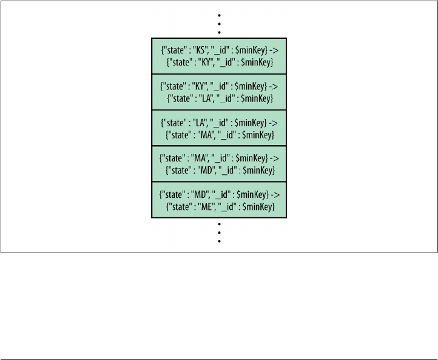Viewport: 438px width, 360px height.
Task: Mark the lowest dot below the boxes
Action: pyautogui.click(x=218, y=241)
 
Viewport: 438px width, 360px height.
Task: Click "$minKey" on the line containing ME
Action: pyautogui.click(x=258, y=208)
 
